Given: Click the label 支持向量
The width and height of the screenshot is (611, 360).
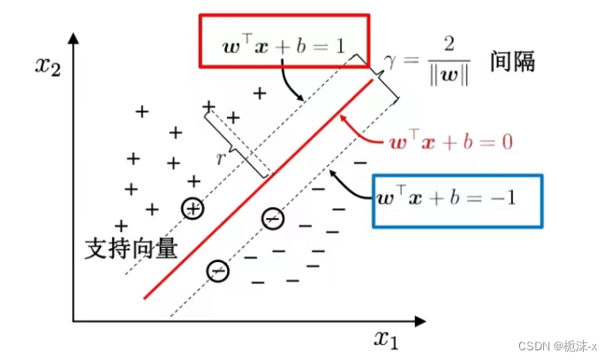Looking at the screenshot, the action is (131, 248).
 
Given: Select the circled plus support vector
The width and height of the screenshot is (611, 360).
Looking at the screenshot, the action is (192, 208).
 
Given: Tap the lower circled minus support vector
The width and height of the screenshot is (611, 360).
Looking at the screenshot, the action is (217, 270).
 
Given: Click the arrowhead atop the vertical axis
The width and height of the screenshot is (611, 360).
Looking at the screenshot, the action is (74, 38).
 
